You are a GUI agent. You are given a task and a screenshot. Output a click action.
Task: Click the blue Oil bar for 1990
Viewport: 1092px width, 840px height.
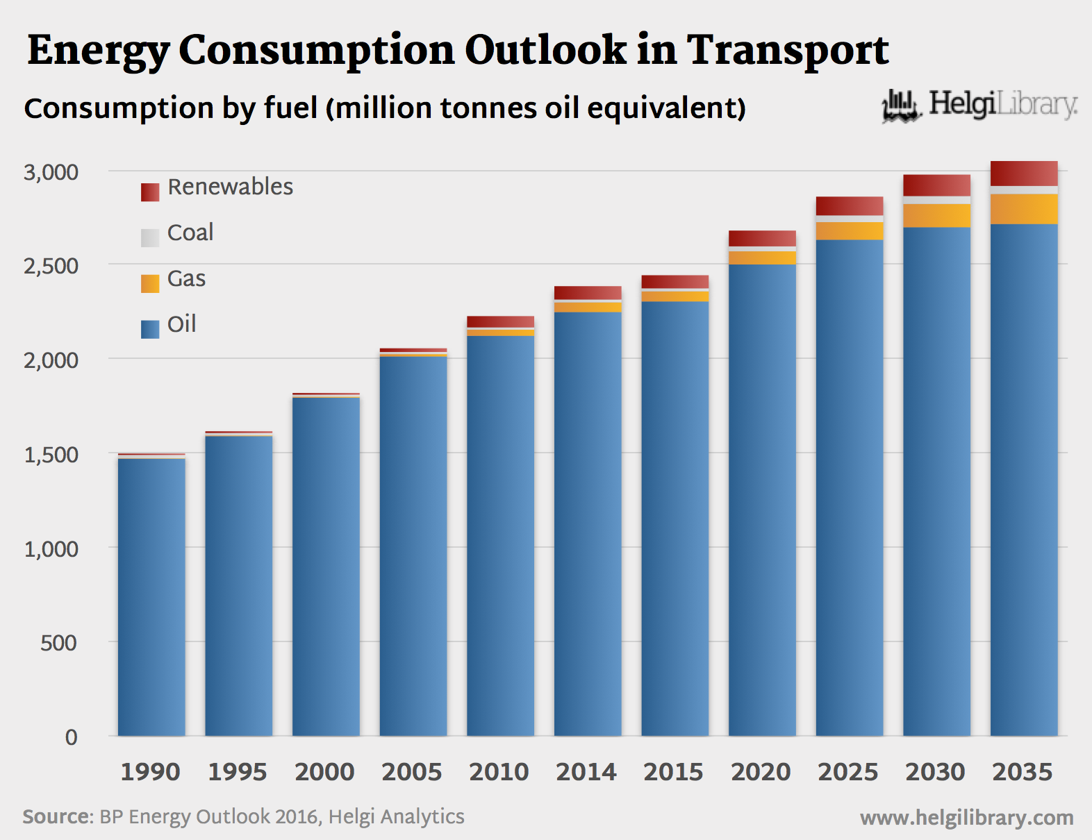tap(151, 597)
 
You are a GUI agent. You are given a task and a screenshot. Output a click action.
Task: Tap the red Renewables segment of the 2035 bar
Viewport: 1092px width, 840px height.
tap(1024, 174)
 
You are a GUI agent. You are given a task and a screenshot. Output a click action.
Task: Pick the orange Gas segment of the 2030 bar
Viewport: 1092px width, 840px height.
tap(936, 216)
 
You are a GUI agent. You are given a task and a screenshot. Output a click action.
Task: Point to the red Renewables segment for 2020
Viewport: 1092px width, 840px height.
tap(762, 238)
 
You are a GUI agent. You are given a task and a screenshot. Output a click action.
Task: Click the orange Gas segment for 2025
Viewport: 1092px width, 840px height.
tap(850, 231)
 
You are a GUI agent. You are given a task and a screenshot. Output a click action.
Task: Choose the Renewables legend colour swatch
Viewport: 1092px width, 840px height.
tap(150, 192)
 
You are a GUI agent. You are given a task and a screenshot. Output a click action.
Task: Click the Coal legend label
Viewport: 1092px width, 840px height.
tap(190, 233)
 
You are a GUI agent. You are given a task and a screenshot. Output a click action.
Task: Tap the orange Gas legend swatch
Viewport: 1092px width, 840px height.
tap(150, 283)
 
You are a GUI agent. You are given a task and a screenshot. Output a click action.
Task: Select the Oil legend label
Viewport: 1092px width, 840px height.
tap(182, 324)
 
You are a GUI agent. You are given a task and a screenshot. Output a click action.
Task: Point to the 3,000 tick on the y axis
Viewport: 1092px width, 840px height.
tap(51, 172)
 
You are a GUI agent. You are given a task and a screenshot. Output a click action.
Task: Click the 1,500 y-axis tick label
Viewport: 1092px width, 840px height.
tap(51, 455)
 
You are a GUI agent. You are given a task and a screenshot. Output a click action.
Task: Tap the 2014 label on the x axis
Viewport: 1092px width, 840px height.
tap(586, 772)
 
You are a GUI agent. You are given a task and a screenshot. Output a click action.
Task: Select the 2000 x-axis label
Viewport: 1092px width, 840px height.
tap(324, 772)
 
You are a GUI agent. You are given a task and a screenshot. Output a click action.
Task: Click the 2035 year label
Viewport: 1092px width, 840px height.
tap(1023, 772)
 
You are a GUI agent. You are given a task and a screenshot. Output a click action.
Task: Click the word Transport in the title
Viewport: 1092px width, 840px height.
tap(788, 50)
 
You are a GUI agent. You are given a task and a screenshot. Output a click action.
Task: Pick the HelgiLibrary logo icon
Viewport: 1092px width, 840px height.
tap(901, 106)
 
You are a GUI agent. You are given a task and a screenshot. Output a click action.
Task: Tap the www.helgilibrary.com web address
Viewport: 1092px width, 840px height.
tap(966, 818)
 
